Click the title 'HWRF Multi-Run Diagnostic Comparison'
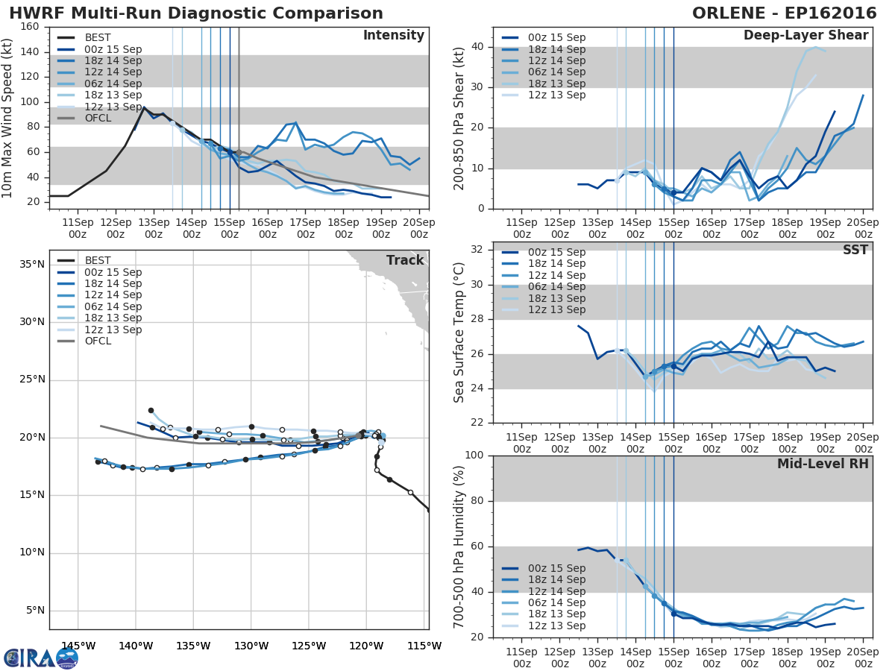tap(196, 13)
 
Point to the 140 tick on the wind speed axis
tap(31, 52)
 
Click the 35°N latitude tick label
tap(31, 265)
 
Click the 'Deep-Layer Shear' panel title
tap(805, 36)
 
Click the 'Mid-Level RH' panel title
tap(823, 464)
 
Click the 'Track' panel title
tap(405, 260)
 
